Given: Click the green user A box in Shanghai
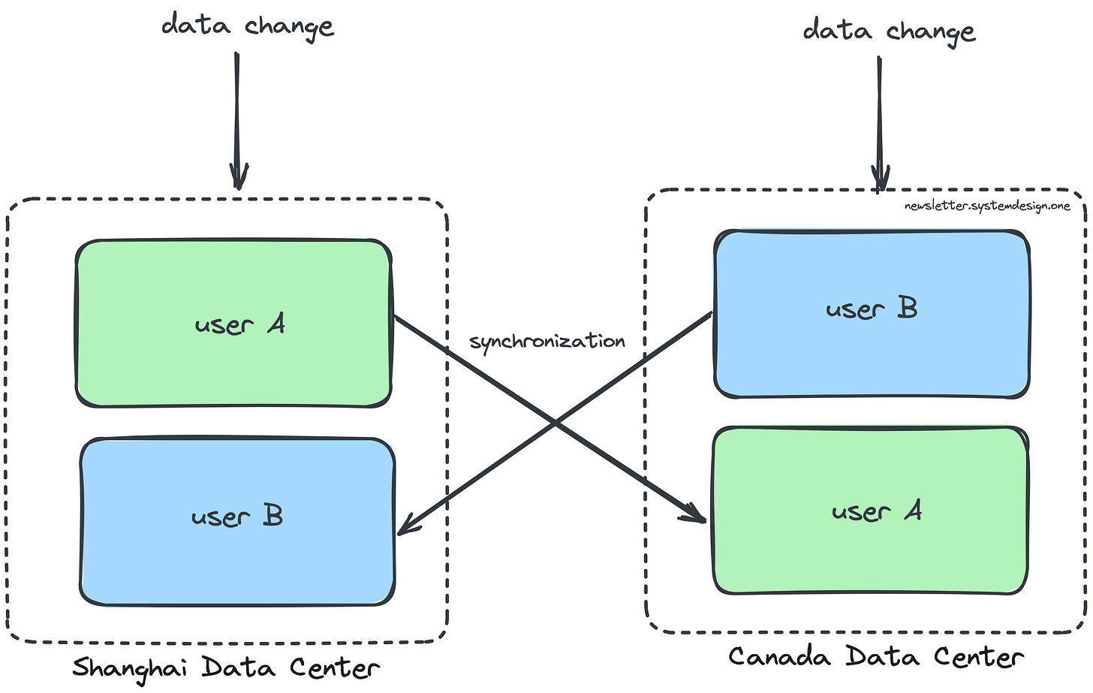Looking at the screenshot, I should tap(233, 324).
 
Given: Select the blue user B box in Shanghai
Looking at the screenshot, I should tap(237, 522).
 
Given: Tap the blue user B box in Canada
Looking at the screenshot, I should tap(872, 314).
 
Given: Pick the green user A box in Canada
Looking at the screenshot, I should tap(870, 511).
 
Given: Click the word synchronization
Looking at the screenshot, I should tap(547, 342).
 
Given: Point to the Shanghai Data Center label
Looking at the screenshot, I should tap(226, 667).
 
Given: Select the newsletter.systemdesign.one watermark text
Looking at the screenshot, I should tap(987, 206).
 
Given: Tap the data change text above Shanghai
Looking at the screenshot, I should tap(247, 27).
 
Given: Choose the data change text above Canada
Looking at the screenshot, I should tap(889, 32).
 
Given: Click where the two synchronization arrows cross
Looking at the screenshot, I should tap(556, 424).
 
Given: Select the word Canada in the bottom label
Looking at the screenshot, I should tap(779, 657).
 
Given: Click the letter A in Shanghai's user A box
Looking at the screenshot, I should tap(276, 324).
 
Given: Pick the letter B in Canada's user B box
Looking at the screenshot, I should tap(908, 308).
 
